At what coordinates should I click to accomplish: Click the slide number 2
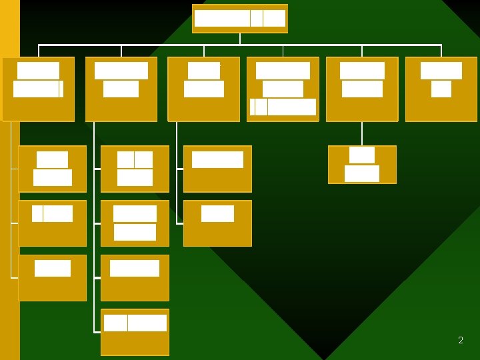pyautogui.click(x=461, y=340)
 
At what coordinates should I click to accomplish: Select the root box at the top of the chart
pyautogui.click(x=240, y=19)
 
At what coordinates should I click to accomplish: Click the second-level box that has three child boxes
pyautogui.click(x=39, y=89)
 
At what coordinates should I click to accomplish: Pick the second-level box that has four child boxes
pyautogui.click(x=121, y=89)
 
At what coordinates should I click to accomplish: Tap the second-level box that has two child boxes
pyautogui.click(x=203, y=89)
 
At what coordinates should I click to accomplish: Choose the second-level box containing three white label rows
pyautogui.click(x=283, y=89)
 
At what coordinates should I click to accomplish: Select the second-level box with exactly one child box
pyautogui.click(x=362, y=89)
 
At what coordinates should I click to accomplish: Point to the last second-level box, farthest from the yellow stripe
pyautogui.click(x=441, y=89)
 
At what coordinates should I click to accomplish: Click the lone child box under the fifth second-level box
pyautogui.click(x=362, y=165)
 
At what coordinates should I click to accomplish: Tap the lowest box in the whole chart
pyautogui.click(x=135, y=332)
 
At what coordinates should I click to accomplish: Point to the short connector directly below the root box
pyautogui.click(x=240, y=39)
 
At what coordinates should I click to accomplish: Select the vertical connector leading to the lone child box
pyautogui.click(x=362, y=133)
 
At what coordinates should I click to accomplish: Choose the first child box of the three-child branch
pyautogui.click(x=53, y=169)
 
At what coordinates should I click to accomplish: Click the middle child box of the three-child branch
pyautogui.click(x=53, y=223)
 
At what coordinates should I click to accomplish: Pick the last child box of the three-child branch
pyautogui.click(x=53, y=277)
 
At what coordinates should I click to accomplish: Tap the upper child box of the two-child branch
pyautogui.click(x=217, y=169)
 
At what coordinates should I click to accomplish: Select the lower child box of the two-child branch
pyautogui.click(x=217, y=223)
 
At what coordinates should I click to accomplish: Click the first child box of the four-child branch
pyautogui.click(x=135, y=169)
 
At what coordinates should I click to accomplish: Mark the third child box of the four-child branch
pyautogui.click(x=135, y=277)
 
